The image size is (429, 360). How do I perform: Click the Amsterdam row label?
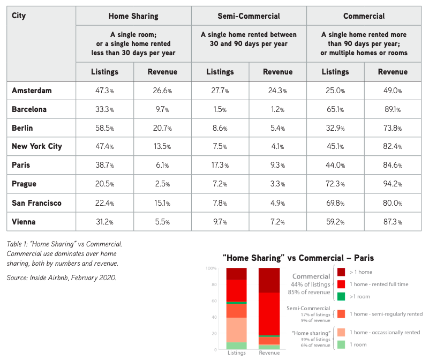click(x=32, y=91)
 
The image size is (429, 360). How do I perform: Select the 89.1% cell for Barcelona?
click(x=393, y=109)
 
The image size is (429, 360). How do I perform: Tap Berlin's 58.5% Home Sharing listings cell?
click(x=104, y=128)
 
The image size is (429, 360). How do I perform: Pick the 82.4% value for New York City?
click(x=393, y=146)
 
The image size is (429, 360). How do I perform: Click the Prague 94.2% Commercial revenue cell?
click(x=393, y=184)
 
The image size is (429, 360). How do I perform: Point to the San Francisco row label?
click(x=36, y=203)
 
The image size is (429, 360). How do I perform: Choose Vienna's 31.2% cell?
click(x=104, y=222)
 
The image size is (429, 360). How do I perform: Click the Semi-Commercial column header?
click(x=249, y=16)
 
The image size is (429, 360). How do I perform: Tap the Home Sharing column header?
click(x=133, y=16)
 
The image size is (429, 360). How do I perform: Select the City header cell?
click(x=19, y=16)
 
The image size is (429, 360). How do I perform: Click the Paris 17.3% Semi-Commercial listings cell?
click(x=220, y=165)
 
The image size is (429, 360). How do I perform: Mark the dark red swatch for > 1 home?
click(x=341, y=272)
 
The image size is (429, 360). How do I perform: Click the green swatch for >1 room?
click(x=341, y=296)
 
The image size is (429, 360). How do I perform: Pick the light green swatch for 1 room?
click(x=341, y=344)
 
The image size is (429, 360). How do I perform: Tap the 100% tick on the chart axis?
click(x=211, y=268)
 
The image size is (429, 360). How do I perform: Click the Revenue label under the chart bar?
click(x=269, y=353)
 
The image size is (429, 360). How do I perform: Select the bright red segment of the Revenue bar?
click(x=269, y=314)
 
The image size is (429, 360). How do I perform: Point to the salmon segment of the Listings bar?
click(x=237, y=330)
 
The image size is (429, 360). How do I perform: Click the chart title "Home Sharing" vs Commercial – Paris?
click(x=298, y=258)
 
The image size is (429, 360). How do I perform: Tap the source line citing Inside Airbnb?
click(x=62, y=278)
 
